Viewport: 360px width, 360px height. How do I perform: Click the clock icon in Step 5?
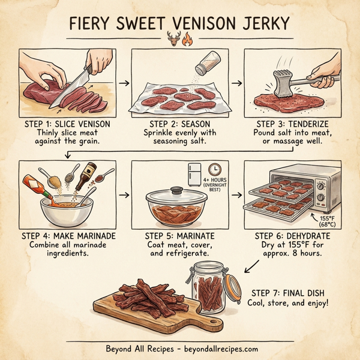coord(214,169)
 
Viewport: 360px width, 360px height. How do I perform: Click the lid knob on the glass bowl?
coord(178,190)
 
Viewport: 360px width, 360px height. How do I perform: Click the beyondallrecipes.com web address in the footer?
coord(217,348)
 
